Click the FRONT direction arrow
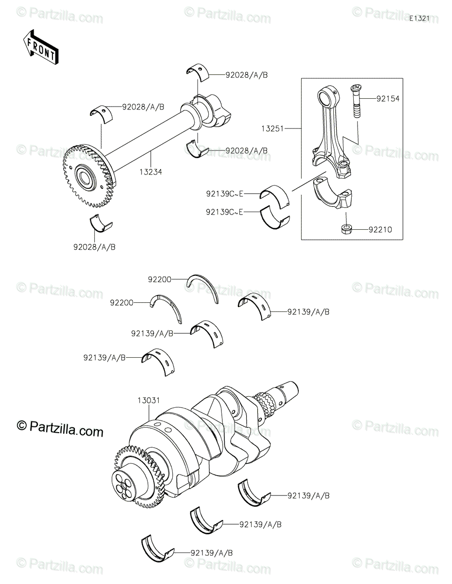pyautogui.click(x=41, y=46)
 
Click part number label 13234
pyautogui.click(x=151, y=172)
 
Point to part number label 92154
pyautogui.click(x=387, y=98)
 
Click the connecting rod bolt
pyautogui.click(x=354, y=100)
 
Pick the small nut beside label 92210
pyautogui.click(x=346, y=228)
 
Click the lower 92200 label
pyautogui.click(x=122, y=303)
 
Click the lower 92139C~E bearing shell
pyautogui.click(x=274, y=217)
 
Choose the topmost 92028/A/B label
pyautogui.click(x=246, y=75)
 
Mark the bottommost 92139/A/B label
pyautogui.click(x=212, y=553)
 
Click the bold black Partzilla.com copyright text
pyautogui.click(x=60, y=430)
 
